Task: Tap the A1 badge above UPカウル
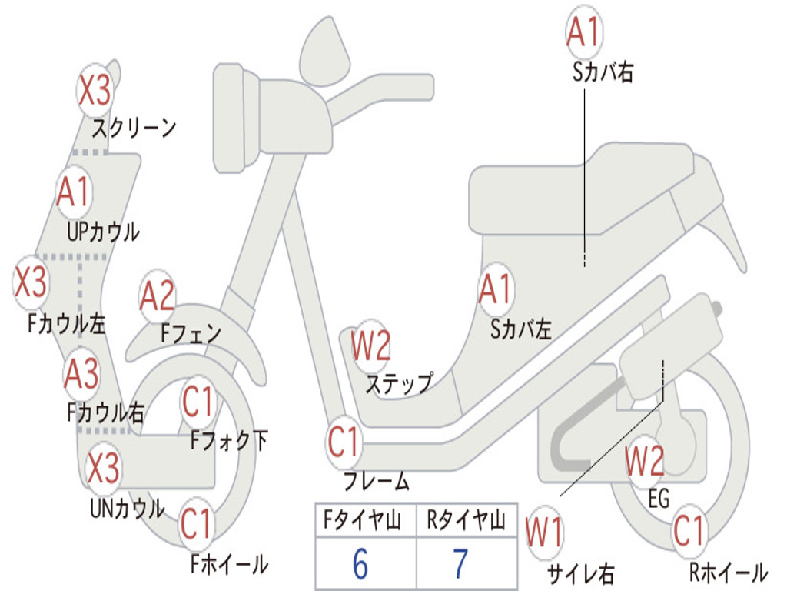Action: click(74, 192)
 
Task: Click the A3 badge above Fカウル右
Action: click(81, 374)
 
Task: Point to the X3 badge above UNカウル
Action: click(104, 468)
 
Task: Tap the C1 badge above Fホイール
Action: click(198, 523)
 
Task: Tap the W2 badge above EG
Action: click(645, 462)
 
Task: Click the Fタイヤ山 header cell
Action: click(366, 520)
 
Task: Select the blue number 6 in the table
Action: click(360, 564)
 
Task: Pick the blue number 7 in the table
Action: click(461, 564)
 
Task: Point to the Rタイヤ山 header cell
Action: click(467, 520)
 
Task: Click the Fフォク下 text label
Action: click(229, 441)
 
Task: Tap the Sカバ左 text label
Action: click(521, 329)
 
